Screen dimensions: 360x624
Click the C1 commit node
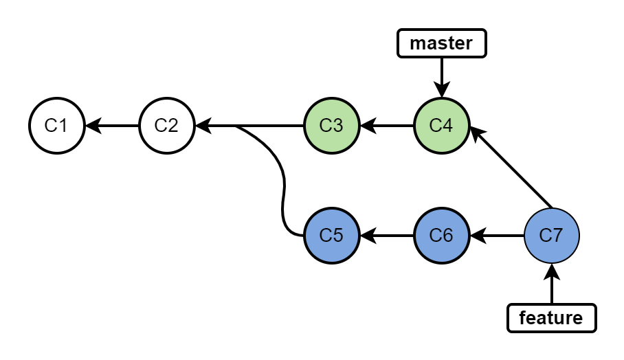pyautogui.click(x=56, y=126)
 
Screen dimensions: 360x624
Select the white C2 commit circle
pyautogui.click(x=166, y=126)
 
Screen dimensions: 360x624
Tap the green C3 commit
pyautogui.click(x=331, y=126)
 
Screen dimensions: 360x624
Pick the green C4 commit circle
pyautogui.click(x=441, y=126)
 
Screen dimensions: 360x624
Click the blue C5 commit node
pyautogui.click(x=331, y=236)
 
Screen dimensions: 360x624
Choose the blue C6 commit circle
pyautogui.click(x=441, y=236)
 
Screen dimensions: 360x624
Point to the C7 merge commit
pyautogui.click(x=552, y=236)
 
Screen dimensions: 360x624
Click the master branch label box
pyautogui.click(x=441, y=43)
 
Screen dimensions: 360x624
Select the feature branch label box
pyautogui.click(x=551, y=318)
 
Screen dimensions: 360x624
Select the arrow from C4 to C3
pyautogui.click(x=387, y=126)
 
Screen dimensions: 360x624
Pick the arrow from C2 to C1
pyautogui.click(x=112, y=126)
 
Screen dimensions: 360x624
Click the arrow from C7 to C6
pyautogui.click(x=497, y=236)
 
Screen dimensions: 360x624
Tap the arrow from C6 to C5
pyautogui.click(x=387, y=236)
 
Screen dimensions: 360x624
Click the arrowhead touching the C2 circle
pyautogui.click(x=203, y=126)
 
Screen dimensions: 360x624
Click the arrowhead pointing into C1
pyautogui.click(x=92, y=126)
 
